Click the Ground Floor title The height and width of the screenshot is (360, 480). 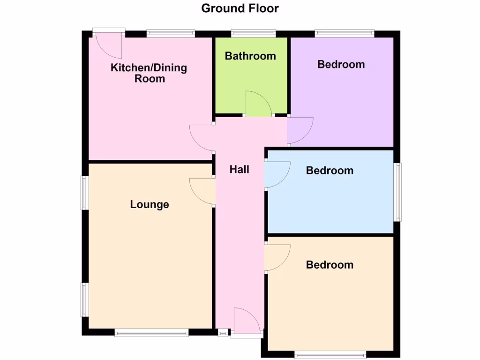(x=240, y=8)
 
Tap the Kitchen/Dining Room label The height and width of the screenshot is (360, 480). (x=149, y=73)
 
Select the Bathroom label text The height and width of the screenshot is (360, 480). (x=250, y=56)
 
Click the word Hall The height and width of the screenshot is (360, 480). (x=239, y=170)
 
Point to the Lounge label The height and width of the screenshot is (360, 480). (x=150, y=204)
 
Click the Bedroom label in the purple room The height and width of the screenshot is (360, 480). (x=341, y=64)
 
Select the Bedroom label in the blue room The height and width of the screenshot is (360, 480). (x=330, y=171)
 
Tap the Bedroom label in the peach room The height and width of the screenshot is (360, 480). (x=330, y=265)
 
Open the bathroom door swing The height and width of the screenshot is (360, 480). (x=258, y=105)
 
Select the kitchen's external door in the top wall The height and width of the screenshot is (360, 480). (x=109, y=45)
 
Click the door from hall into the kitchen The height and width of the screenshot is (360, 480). (x=202, y=138)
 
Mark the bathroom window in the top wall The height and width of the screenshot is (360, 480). (x=253, y=33)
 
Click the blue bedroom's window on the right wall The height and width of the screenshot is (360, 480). (x=397, y=192)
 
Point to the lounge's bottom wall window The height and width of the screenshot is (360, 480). (x=151, y=333)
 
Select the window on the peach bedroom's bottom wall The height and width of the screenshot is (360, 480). (x=330, y=354)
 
